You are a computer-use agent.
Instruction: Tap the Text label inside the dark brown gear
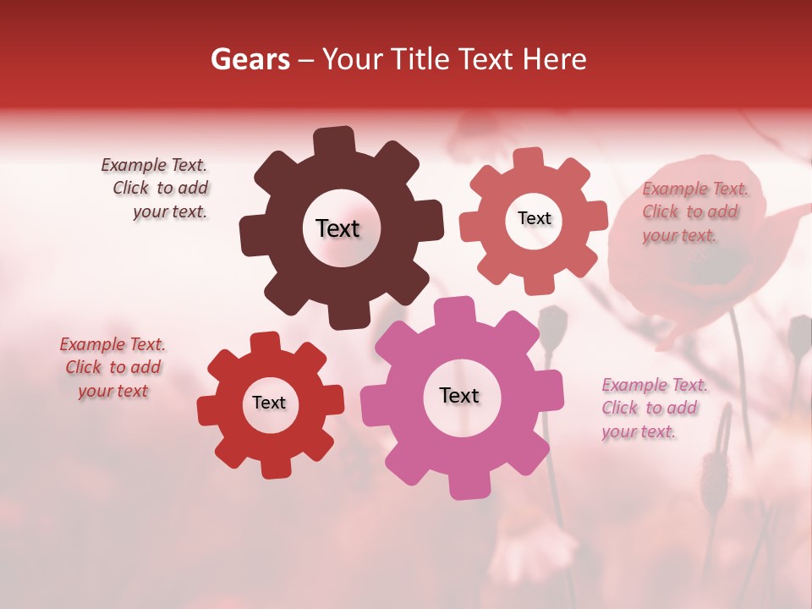(x=337, y=228)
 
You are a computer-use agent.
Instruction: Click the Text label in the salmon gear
(x=534, y=218)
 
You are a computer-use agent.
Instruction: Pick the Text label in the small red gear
(x=269, y=403)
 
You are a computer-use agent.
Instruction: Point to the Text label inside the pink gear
(x=459, y=395)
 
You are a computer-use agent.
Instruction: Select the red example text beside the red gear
(x=112, y=367)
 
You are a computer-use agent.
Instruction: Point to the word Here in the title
(x=554, y=59)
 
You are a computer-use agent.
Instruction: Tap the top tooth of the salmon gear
(x=529, y=159)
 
